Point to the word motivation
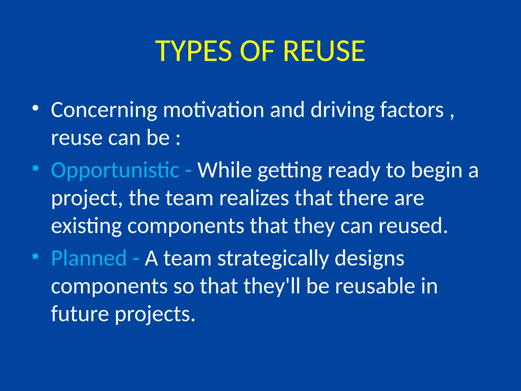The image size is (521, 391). coord(213,110)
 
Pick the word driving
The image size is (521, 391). coord(342,110)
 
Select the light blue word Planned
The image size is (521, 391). coord(89,258)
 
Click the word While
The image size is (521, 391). coord(225,170)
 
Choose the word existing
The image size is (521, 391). coord(86,226)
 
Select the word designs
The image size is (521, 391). coord(369,259)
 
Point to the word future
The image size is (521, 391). coord(80,314)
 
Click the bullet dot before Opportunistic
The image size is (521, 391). coord(35,168)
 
